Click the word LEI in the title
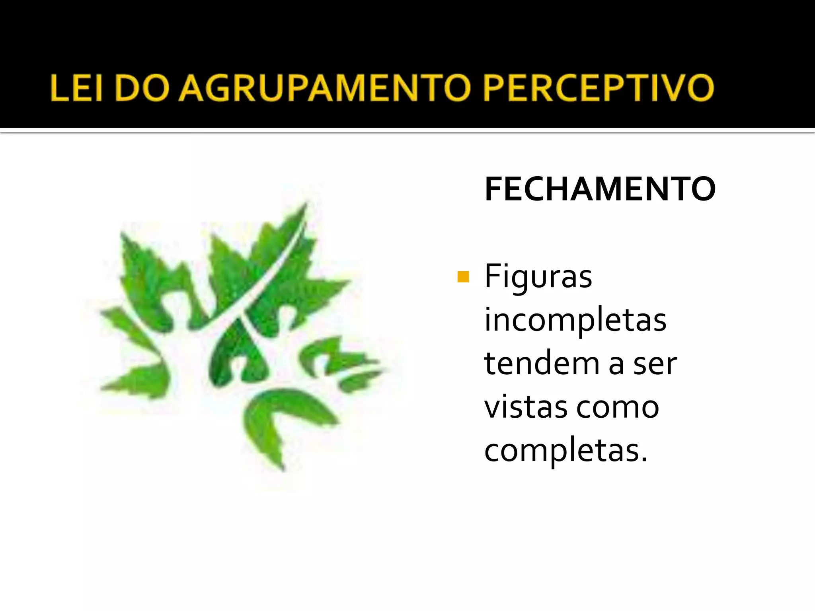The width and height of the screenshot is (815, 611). point(76,88)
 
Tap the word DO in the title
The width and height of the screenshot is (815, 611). point(142,88)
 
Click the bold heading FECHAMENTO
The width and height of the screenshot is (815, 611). point(600,189)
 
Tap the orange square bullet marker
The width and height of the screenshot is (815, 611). point(463,276)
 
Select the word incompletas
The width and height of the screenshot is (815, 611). point(575,321)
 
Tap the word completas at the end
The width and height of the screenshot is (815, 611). point(561,451)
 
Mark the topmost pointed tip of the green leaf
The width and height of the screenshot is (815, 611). point(306,204)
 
